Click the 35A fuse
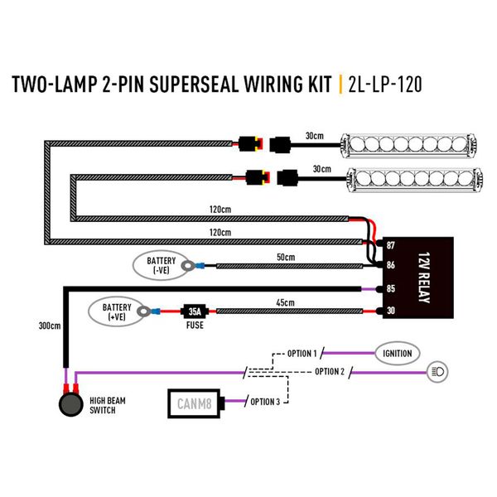(x=193, y=312)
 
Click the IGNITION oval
(x=398, y=354)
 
